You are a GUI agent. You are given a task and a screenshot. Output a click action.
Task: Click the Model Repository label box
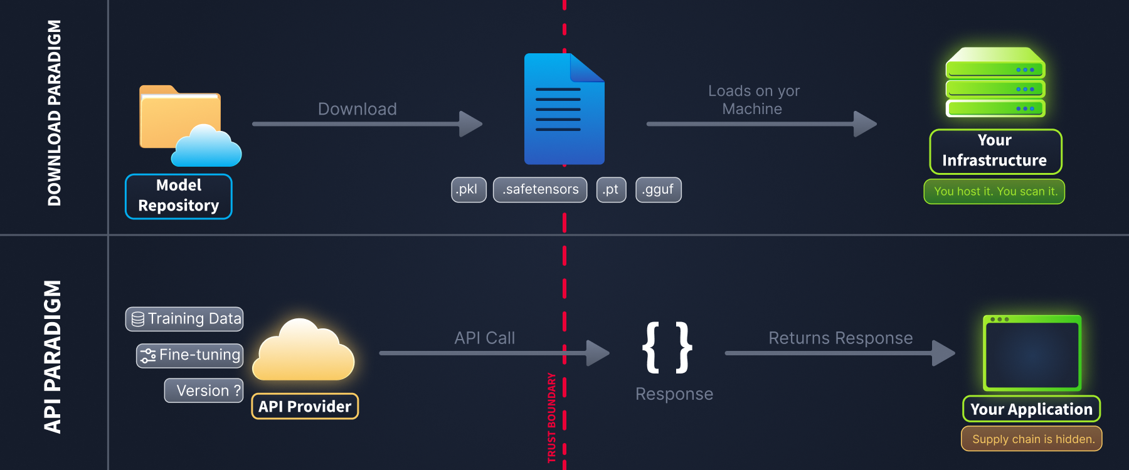[x=179, y=196]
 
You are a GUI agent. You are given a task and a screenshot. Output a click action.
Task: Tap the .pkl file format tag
[x=469, y=189]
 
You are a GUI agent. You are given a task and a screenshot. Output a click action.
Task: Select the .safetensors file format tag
[x=540, y=189]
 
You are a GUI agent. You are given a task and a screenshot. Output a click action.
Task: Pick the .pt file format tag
[x=611, y=189]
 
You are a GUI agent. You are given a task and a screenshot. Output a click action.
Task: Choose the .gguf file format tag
[x=658, y=189]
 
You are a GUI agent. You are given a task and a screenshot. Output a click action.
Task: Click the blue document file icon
[x=564, y=109]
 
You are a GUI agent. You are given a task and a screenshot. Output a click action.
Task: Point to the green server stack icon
[x=995, y=82]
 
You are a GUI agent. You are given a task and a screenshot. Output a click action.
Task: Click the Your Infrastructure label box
[x=995, y=151]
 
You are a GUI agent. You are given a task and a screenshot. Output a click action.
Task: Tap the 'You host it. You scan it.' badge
[x=995, y=191]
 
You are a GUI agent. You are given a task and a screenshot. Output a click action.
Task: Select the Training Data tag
[x=184, y=318]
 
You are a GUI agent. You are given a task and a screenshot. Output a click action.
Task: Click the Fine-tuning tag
[x=190, y=355]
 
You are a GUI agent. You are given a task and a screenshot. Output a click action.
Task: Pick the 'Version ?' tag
[x=204, y=390]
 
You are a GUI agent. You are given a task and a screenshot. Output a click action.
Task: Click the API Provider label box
[x=305, y=406]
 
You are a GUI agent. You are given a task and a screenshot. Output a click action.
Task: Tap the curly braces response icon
[x=667, y=347]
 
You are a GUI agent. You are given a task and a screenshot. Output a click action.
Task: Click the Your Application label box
[x=1031, y=409]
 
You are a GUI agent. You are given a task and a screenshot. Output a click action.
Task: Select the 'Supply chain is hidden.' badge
[x=1032, y=439]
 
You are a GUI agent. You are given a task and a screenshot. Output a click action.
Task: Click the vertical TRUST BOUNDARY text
[x=552, y=417]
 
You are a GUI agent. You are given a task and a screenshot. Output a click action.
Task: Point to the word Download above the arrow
[x=358, y=109]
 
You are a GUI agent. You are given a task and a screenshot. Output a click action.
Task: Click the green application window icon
[x=1032, y=352]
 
